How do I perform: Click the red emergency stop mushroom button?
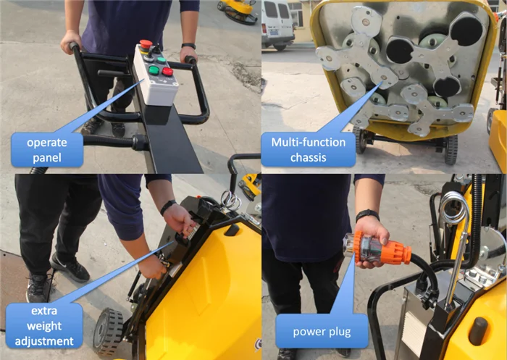point(146,44)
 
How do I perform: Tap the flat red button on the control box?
point(167,72)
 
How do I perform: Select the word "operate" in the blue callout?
point(47,143)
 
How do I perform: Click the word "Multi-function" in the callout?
point(308,142)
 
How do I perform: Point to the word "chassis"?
point(308,157)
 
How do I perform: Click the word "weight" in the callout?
point(44,327)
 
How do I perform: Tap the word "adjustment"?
point(44,341)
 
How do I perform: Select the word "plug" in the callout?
point(338,332)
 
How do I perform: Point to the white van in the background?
point(277,24)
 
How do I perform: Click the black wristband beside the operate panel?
point(188,46)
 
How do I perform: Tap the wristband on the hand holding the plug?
point(367,214)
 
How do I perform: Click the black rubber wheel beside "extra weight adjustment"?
point(108,332)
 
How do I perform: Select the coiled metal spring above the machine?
point(454,208)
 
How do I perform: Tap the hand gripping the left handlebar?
point(71,41)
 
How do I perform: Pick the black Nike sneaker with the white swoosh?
point(70,267)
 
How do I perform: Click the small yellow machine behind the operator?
point(238,11)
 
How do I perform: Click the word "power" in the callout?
point(308,332)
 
